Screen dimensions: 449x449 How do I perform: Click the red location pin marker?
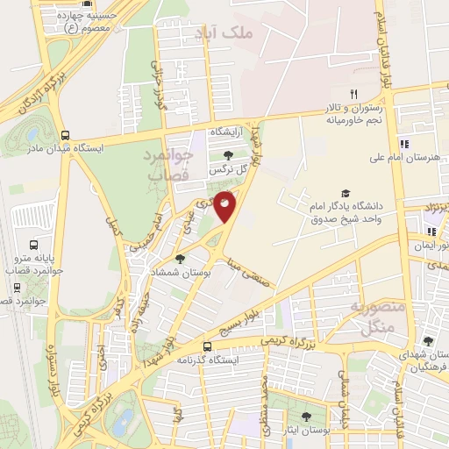pyautogui.click(x=225, y=204)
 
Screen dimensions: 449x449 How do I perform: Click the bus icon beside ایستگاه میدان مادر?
pyautogui.click(x=66, y=134)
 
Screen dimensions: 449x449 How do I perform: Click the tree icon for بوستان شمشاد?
pyautogui.click(x=180, y=258)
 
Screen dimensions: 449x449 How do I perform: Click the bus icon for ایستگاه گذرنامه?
pyautogui.click(x=207, y=346)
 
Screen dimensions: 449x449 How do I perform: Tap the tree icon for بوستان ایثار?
pyautogui.click(x=305, y=417)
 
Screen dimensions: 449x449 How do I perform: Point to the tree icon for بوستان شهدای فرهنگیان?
pyautogui.click(x=428, y=341)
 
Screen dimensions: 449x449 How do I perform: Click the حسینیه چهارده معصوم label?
pyautogui.click(x=82, y=22)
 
